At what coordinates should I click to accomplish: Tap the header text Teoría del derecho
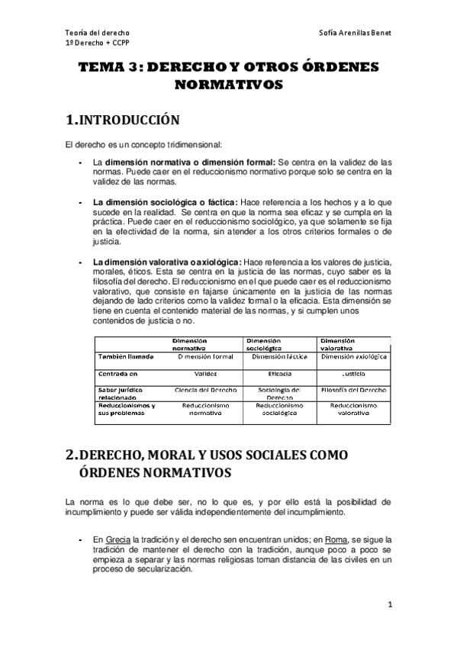click(x=97, y=34)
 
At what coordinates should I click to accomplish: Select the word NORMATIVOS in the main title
click(x=229, y=85)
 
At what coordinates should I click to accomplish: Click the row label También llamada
click(x=125, y=356)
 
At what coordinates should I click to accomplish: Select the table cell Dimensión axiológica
click(x=354, y=356)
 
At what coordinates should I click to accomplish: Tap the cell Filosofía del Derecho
click(x=354, y=389)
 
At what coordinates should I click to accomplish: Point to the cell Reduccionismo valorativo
click(x=354, y=409)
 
